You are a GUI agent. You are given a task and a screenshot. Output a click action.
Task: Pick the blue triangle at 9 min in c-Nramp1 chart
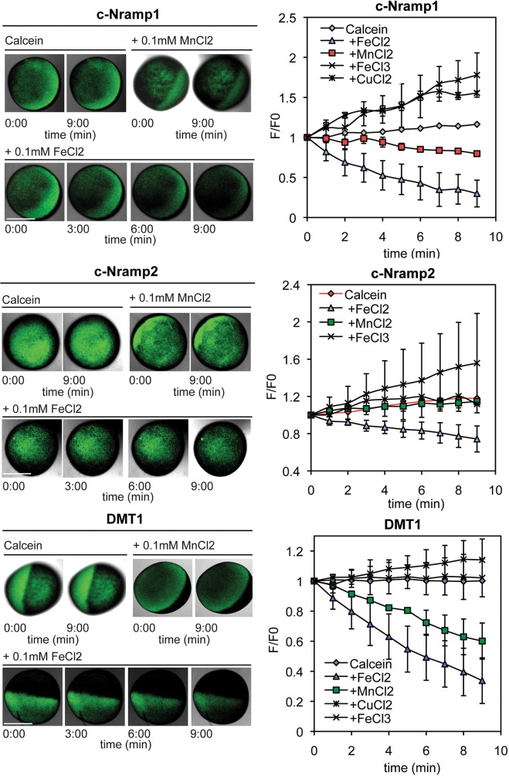point(477,193)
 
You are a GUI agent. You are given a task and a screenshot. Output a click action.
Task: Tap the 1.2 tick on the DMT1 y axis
point(297,551)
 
